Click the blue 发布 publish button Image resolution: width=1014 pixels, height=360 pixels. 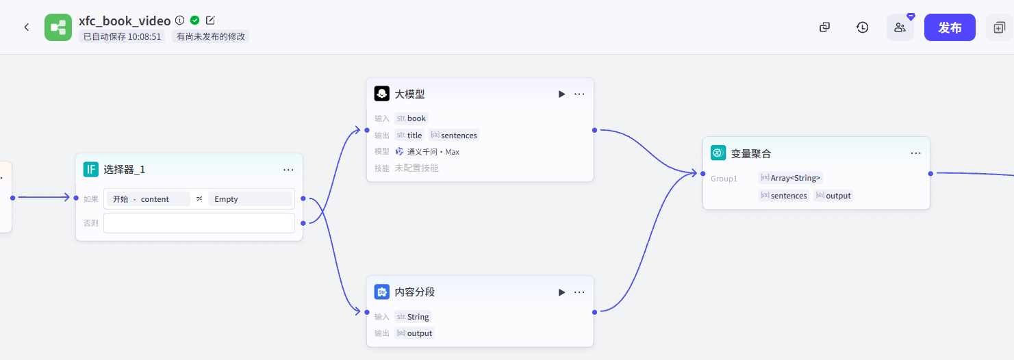949,27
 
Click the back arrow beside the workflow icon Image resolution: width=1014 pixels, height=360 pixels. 27,27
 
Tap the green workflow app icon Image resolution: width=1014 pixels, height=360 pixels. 58,27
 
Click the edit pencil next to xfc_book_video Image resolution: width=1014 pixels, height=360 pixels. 210,21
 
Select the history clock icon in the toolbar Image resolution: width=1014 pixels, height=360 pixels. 862,27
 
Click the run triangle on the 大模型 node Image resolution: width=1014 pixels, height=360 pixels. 561,94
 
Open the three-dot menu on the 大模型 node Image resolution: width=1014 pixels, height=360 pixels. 579,94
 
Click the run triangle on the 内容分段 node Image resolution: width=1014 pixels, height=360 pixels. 561,292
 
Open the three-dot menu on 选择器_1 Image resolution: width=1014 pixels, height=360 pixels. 288,170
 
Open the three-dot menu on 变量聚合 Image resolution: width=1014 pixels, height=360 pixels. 915,153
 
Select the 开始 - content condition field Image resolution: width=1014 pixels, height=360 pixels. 147,199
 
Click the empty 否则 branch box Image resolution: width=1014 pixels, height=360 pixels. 199,223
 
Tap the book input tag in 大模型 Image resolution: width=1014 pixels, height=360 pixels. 411,118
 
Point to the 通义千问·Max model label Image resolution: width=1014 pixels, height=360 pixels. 433,152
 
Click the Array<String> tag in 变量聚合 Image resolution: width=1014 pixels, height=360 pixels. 790,178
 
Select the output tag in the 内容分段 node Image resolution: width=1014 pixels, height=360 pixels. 415,333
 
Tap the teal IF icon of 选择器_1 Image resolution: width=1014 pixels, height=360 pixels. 91,170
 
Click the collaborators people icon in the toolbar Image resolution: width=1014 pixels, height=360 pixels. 900,27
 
